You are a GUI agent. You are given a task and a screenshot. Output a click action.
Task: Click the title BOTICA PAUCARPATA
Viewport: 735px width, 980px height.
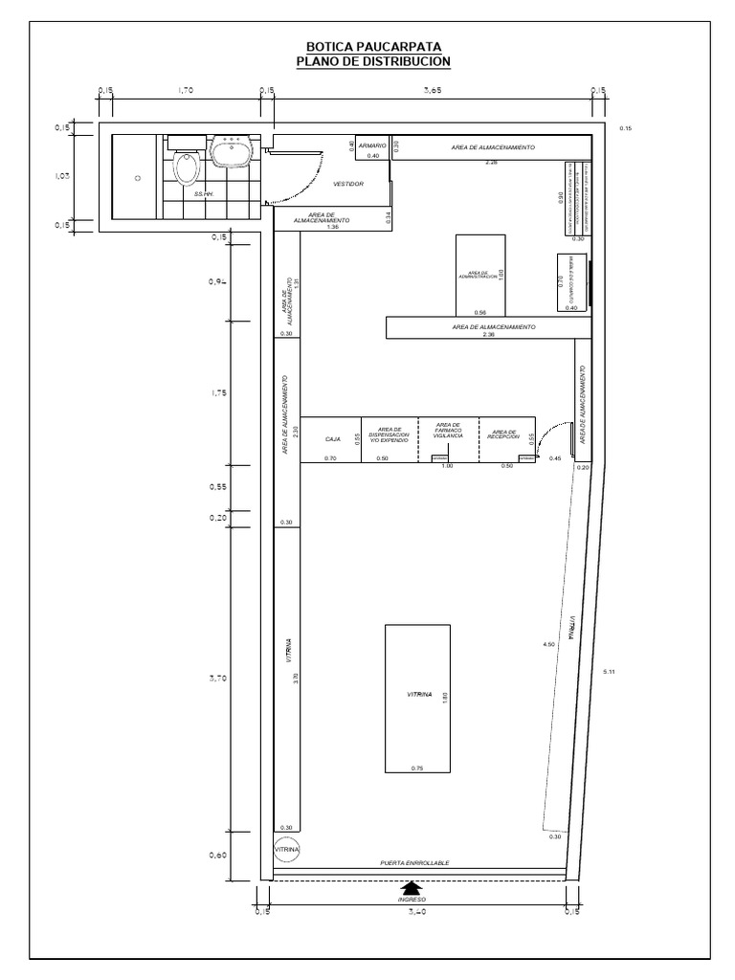pos(374,47)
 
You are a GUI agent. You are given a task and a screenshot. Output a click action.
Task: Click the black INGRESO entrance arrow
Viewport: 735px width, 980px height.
pos(412,889)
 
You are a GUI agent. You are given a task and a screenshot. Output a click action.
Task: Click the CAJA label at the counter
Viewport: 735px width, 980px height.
pos(333,438)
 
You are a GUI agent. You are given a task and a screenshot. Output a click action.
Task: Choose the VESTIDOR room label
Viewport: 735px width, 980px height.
pos(348,183)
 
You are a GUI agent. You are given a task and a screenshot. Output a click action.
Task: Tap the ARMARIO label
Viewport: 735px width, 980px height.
pos(372,145)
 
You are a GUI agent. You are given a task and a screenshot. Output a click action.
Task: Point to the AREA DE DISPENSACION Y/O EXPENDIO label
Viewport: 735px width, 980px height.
pos(389,434)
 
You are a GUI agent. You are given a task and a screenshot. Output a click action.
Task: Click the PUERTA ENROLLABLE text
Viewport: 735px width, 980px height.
pos(414,862)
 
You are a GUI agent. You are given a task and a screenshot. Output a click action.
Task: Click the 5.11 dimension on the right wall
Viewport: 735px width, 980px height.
pos(610,673)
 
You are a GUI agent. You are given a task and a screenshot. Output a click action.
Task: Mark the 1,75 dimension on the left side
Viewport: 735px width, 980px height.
pos(217,392)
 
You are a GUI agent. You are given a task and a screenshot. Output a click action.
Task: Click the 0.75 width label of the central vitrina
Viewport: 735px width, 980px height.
pos(417,768)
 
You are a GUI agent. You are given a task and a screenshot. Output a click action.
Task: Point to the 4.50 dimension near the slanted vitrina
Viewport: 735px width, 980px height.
pos(548,645)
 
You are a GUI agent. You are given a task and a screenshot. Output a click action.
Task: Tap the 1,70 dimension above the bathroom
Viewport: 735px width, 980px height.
pos(186,91)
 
